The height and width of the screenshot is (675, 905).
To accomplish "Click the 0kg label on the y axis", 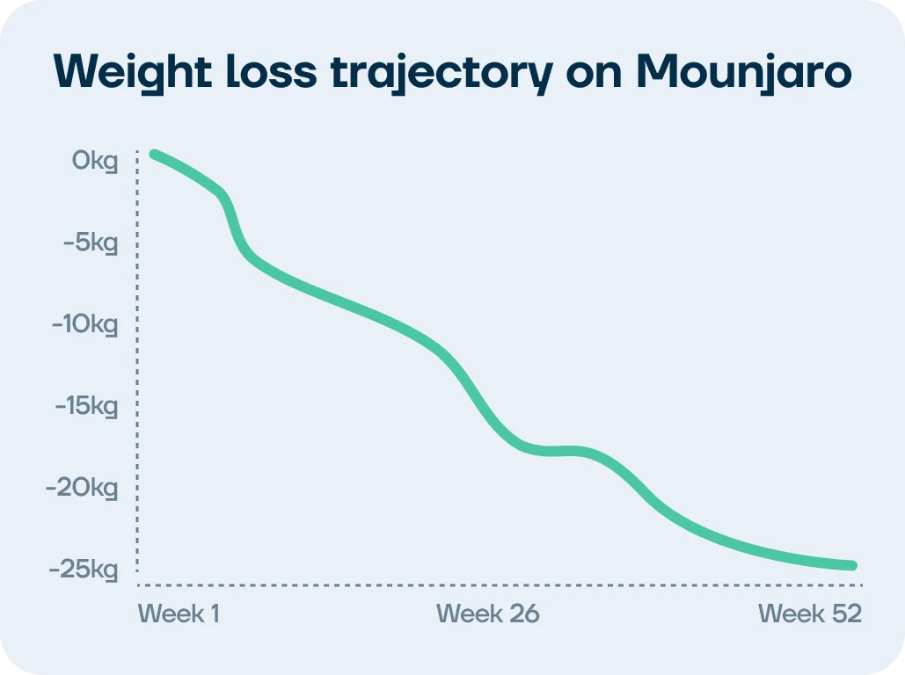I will (95, 162).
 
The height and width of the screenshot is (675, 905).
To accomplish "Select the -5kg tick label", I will (90, 243).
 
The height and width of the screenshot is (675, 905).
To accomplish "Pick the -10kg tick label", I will (84, 324).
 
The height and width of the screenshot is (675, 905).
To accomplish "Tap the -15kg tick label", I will (84, 406).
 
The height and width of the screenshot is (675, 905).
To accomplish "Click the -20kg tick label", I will (82, 488).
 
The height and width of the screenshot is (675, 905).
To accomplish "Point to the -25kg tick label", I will (83, 570).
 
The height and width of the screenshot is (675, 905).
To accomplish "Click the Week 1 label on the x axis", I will (179, 613).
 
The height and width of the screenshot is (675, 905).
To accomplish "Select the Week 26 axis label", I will (487, 613).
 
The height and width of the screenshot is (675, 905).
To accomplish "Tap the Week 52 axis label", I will (810, 613).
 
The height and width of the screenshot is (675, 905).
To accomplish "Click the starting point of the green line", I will (154, 155).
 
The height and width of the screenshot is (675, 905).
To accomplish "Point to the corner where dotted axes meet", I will (138, 585).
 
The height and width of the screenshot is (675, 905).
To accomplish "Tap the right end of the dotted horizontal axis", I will (861, 585).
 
